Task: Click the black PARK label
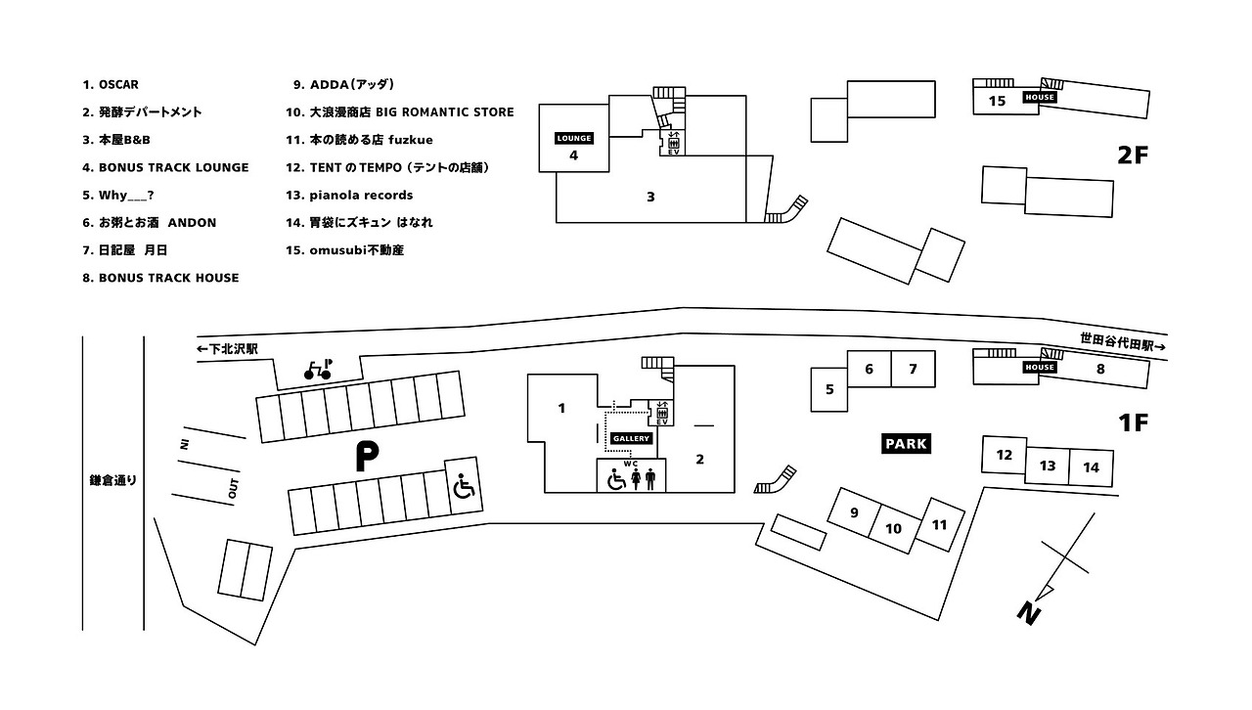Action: click(x=906, y=443)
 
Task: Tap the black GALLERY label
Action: click(x=631, y=438)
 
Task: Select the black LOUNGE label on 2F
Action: click(x=574, y=139)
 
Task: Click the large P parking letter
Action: click(x=366, y=458)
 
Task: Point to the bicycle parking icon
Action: click(x=317, y=369)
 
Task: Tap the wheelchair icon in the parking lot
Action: click(x=464, y=486)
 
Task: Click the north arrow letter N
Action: click(x=1027, y=613)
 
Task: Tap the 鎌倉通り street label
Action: click(x=113, y=480)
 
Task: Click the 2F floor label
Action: click(x=1132, y=155)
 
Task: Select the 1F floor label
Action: click(x=1132, y=423)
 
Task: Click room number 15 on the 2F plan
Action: click(x=997, y=101)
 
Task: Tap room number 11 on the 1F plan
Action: click(x=939, y=525)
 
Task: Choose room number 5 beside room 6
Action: click(x=829, y=390)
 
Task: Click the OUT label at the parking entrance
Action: click(x=233, y=489)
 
